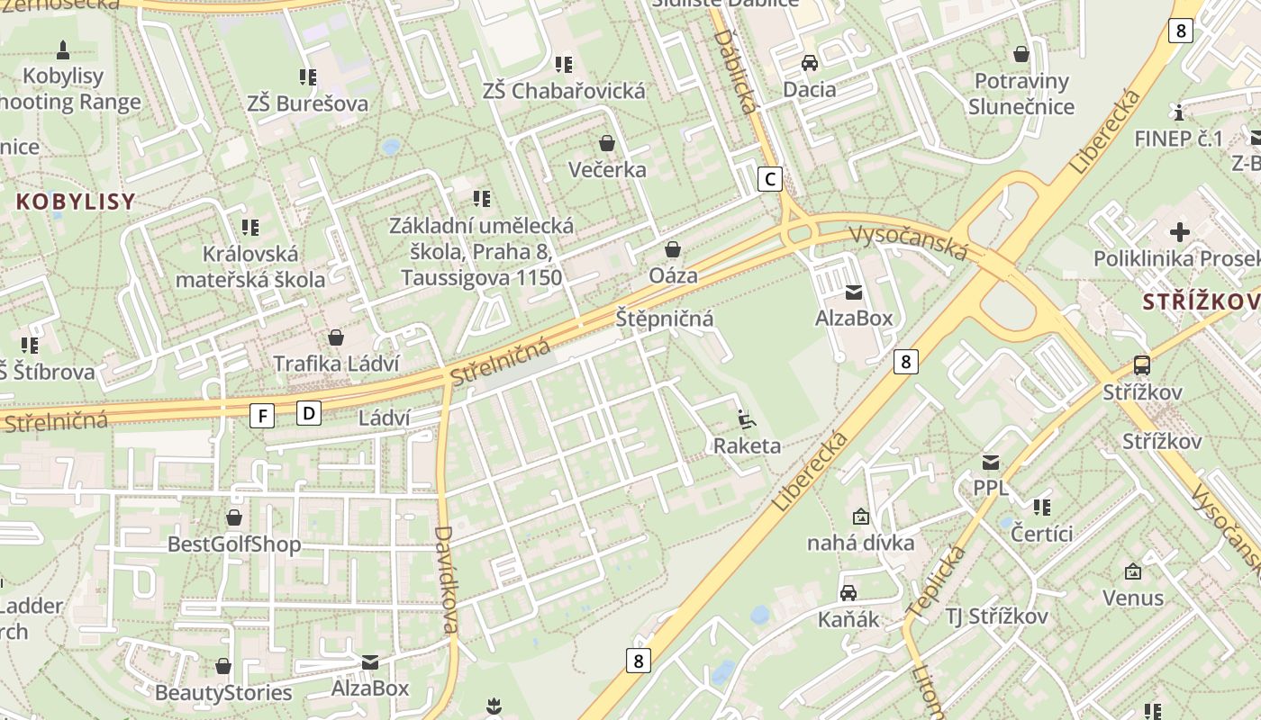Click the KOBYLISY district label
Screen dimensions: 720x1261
pyautogui.click(x=76, y=202)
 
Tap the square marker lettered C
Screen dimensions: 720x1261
pyautogui.click(x=770, y=179)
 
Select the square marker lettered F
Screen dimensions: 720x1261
pyautogui.click(x=262, y=415)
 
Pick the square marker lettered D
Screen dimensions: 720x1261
pyautogui.click(x=309, y=413)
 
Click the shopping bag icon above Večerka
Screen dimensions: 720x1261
pyautogui.click(x=607, y=143)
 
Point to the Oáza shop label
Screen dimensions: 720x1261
pyautogui.click(x=674, y=275)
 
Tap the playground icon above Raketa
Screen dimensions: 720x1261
pyautogui.click(x=747, y=419)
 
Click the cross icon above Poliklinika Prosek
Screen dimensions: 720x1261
pyautogui.click(x=1179, y=232)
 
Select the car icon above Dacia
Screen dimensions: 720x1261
pyautogui.click(x=810, y=63)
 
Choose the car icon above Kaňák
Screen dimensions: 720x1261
pyautogui.click(x=848, y=592)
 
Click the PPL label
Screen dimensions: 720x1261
pyautogui.click(x=991, y=489)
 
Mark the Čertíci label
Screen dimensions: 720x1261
pyautogui.click(x=1042, y=534)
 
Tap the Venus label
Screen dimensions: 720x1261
pyautogui.click(x=1133, y=598)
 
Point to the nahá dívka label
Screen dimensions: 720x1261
pyautogui.click(x=860, y=543)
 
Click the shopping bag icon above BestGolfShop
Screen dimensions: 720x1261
pyautogui.click(x=234, y=517)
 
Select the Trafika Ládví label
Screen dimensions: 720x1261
pyautogui.click(x=335, y=364)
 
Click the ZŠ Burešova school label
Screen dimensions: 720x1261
pyautogui.click(x=308, y=103)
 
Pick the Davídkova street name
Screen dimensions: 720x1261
pyautogui.click(x=447, y=580)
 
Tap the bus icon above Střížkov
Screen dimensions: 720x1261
pyautogui.click(x=1142, y=365)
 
